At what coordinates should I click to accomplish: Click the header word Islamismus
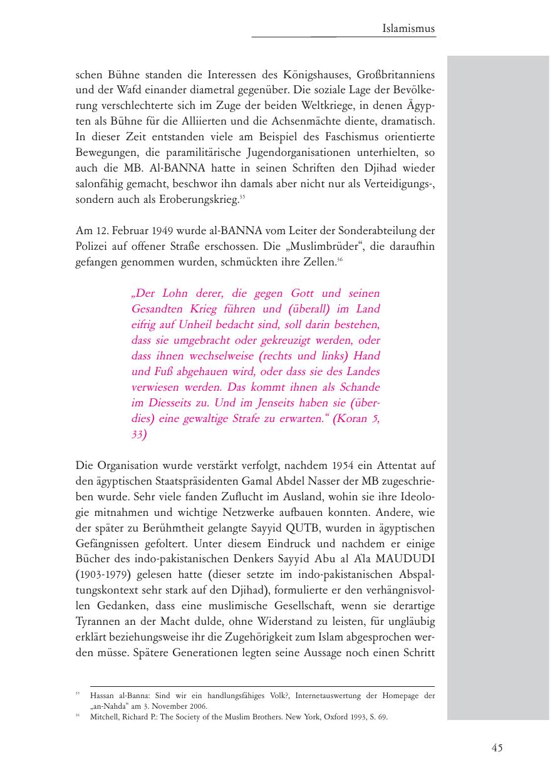[408, 28]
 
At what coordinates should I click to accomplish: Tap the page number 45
[497, 747]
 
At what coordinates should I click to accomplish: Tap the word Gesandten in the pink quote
[157, 309]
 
